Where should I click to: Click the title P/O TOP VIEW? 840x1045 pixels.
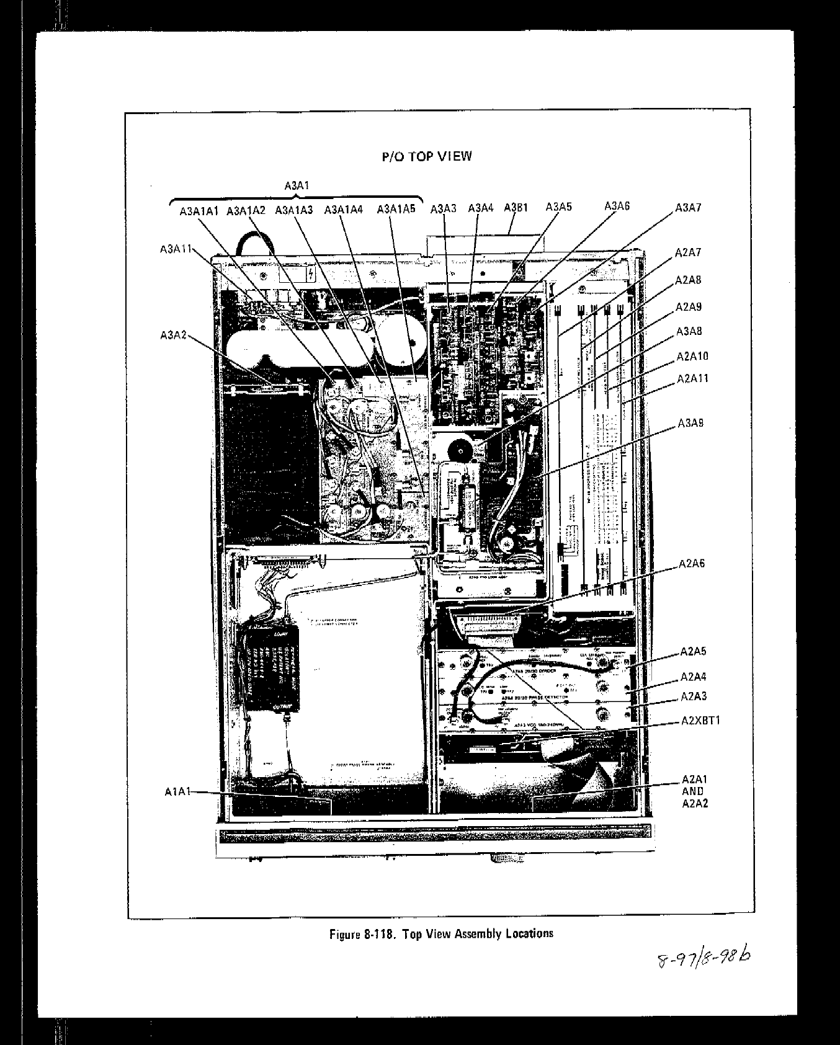(x=426, y=156)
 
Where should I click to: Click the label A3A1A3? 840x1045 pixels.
(x=294, y=210)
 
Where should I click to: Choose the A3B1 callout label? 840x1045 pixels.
(x=516, y=208)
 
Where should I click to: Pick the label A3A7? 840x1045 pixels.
(x=688, y=208)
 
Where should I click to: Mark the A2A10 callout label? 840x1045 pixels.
(x=692, y=357)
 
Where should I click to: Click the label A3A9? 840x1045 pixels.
(x=690, y=424)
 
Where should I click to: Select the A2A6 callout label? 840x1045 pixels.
(x=692, y=564)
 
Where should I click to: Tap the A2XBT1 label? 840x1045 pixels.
(x=700, y=721)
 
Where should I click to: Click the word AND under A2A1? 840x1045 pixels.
(x=693, y=791)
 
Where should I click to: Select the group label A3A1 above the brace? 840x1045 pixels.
(x=297, y=185)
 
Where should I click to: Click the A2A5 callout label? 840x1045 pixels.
(x=693, y=651)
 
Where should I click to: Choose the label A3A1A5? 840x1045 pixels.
(x=396, y=209)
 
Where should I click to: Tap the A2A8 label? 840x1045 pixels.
(x=688, y=280)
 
